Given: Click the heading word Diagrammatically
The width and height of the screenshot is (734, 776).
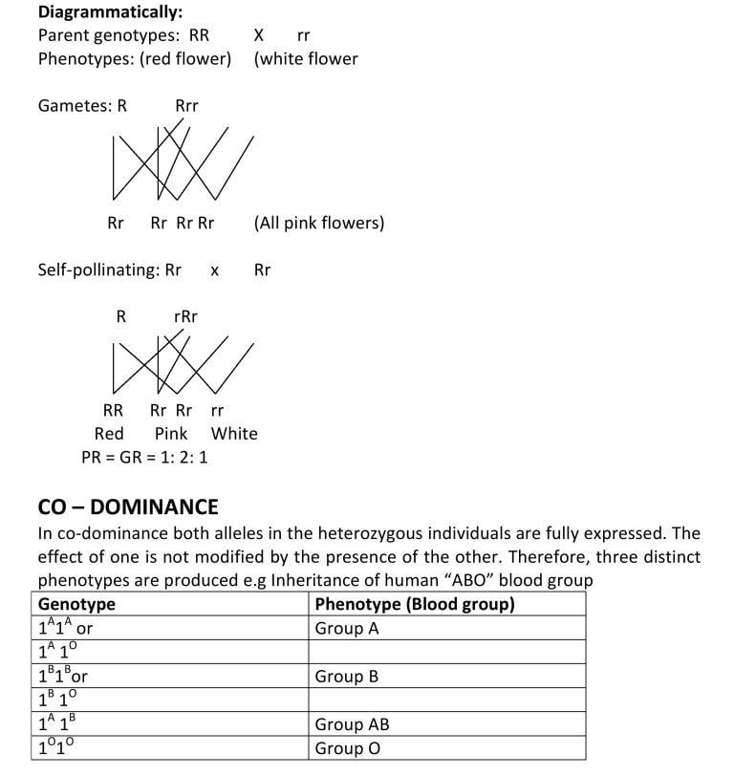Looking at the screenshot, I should pyautogui.click(x=97, y=12).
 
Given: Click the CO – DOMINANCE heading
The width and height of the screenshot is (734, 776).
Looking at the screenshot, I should pyautogui.click(x=128, y=507).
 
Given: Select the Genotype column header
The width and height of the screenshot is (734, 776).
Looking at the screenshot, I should pyautogui.click(x=76, y=604).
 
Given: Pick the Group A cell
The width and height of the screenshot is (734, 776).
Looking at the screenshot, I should pyautogui.click(x=346, y=629).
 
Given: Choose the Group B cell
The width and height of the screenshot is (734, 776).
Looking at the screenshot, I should pyautogui.click(x=346, y=677).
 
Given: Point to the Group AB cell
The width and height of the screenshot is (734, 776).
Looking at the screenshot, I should pyautogui.click(x=352, y=724).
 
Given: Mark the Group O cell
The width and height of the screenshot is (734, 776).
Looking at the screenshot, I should pyautogui.click(x=347, y=748).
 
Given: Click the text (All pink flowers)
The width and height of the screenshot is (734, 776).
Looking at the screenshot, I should pyautogui.click(x=319, y=223).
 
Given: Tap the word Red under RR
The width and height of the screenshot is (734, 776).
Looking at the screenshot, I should pyautogui.click(x=109, y=433).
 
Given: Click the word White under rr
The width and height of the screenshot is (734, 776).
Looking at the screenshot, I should pyautogui.click(x=234, y=433).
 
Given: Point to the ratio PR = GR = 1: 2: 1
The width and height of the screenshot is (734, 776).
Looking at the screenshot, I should pyautogui.click(x=145, y=457).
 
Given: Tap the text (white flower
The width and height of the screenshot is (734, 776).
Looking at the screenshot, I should pyautogui.click(x=306, y=59).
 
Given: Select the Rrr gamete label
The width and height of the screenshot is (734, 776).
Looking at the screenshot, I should pyautogui.click(x=186, y=105).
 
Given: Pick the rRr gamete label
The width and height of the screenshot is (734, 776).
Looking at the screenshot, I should pyautogui.click(x=185, y=315).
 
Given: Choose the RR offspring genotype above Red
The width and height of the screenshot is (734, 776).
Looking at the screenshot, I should pyautogui.click(x=113, y=411).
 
